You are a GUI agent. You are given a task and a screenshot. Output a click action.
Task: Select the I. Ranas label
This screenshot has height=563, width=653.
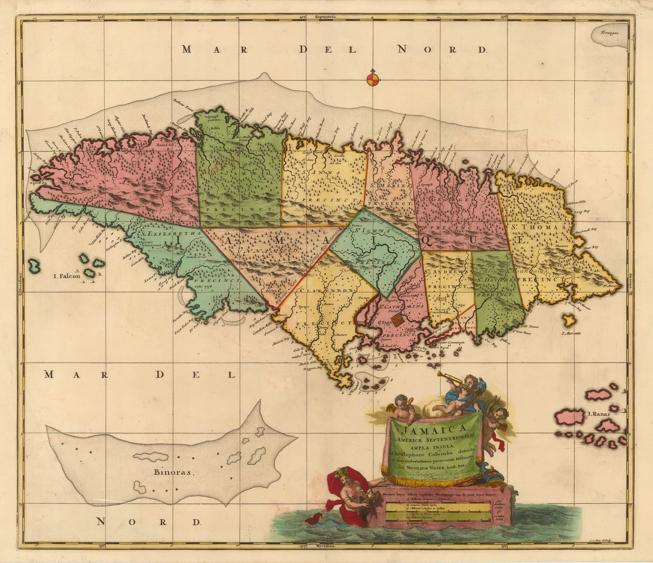598,414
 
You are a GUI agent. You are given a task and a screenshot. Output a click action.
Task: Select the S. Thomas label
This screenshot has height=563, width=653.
538,227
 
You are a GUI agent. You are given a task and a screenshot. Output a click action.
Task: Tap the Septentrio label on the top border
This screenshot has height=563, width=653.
326,17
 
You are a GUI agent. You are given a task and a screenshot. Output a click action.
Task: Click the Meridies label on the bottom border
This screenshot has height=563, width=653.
326,546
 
